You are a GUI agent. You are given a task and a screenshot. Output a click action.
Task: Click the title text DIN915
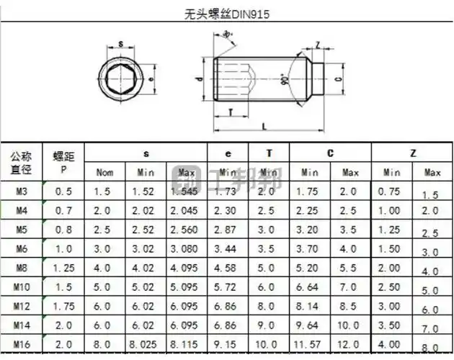click(x=226, y=14)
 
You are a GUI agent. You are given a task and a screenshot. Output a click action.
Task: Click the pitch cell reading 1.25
click(x=63, y=268)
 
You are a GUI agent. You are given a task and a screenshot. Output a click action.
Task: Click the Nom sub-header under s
click(x=104, y=173)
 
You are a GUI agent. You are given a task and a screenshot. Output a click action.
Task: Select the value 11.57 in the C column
click(x=310, y=345)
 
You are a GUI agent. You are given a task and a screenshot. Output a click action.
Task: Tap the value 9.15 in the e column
click(x=228, y=345)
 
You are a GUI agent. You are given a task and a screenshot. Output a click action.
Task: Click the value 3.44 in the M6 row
click(x=228, y=248)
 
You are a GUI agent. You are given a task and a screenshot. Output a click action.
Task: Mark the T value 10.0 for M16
click(x=268, y=345)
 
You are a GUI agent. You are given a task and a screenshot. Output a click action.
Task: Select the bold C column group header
click(x=330, y=153)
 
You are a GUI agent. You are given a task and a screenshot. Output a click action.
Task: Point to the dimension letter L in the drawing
click(x=265, y=126)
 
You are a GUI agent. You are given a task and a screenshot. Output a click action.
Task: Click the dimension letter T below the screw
click(x=229, y=112)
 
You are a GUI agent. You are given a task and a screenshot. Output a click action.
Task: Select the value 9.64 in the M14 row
click(x=310, y=325)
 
